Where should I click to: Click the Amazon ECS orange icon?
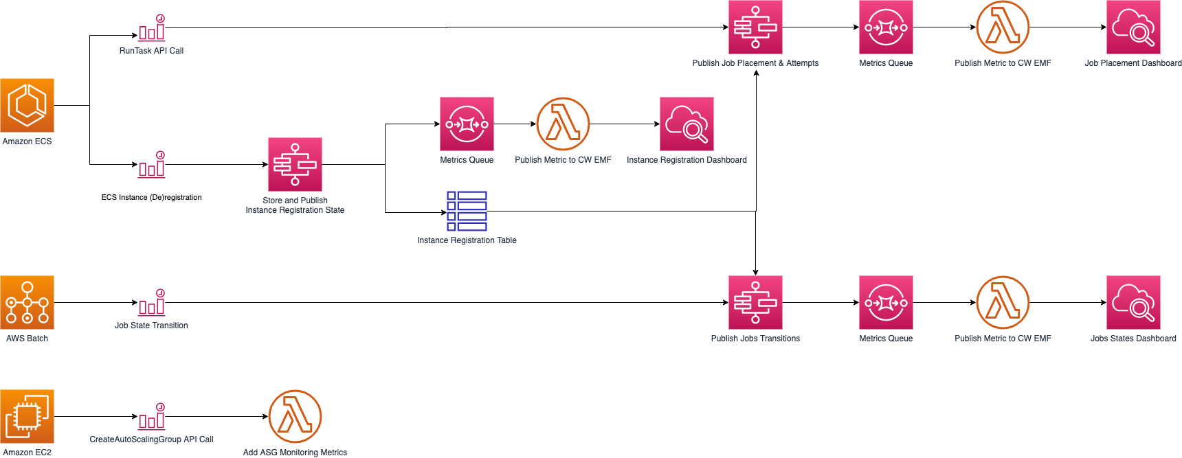point(27,105)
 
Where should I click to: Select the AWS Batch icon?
point(27,302)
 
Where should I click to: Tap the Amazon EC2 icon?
point(27,416)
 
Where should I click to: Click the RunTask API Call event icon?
point(152,28)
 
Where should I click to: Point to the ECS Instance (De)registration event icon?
point(152,165)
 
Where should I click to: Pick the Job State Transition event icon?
point(152,303)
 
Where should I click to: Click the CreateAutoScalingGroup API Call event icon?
point(152,417)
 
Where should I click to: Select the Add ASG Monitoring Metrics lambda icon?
point(295,416)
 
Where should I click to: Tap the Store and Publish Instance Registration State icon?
point(295,164)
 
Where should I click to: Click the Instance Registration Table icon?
point(467,211)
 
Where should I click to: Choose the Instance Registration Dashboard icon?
point(687,124)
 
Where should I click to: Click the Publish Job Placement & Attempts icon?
point(755,27)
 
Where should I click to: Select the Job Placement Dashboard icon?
point(1133,27)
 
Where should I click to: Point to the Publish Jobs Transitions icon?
point(755,302)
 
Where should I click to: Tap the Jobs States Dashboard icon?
point(1133,302)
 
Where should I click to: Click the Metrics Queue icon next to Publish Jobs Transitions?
point(886,302)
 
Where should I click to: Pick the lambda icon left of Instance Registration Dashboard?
point(563,124)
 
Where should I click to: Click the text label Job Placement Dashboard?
point(1133,63)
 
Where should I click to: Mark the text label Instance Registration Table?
point(467,240)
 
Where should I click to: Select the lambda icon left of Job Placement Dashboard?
point(1003,27)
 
